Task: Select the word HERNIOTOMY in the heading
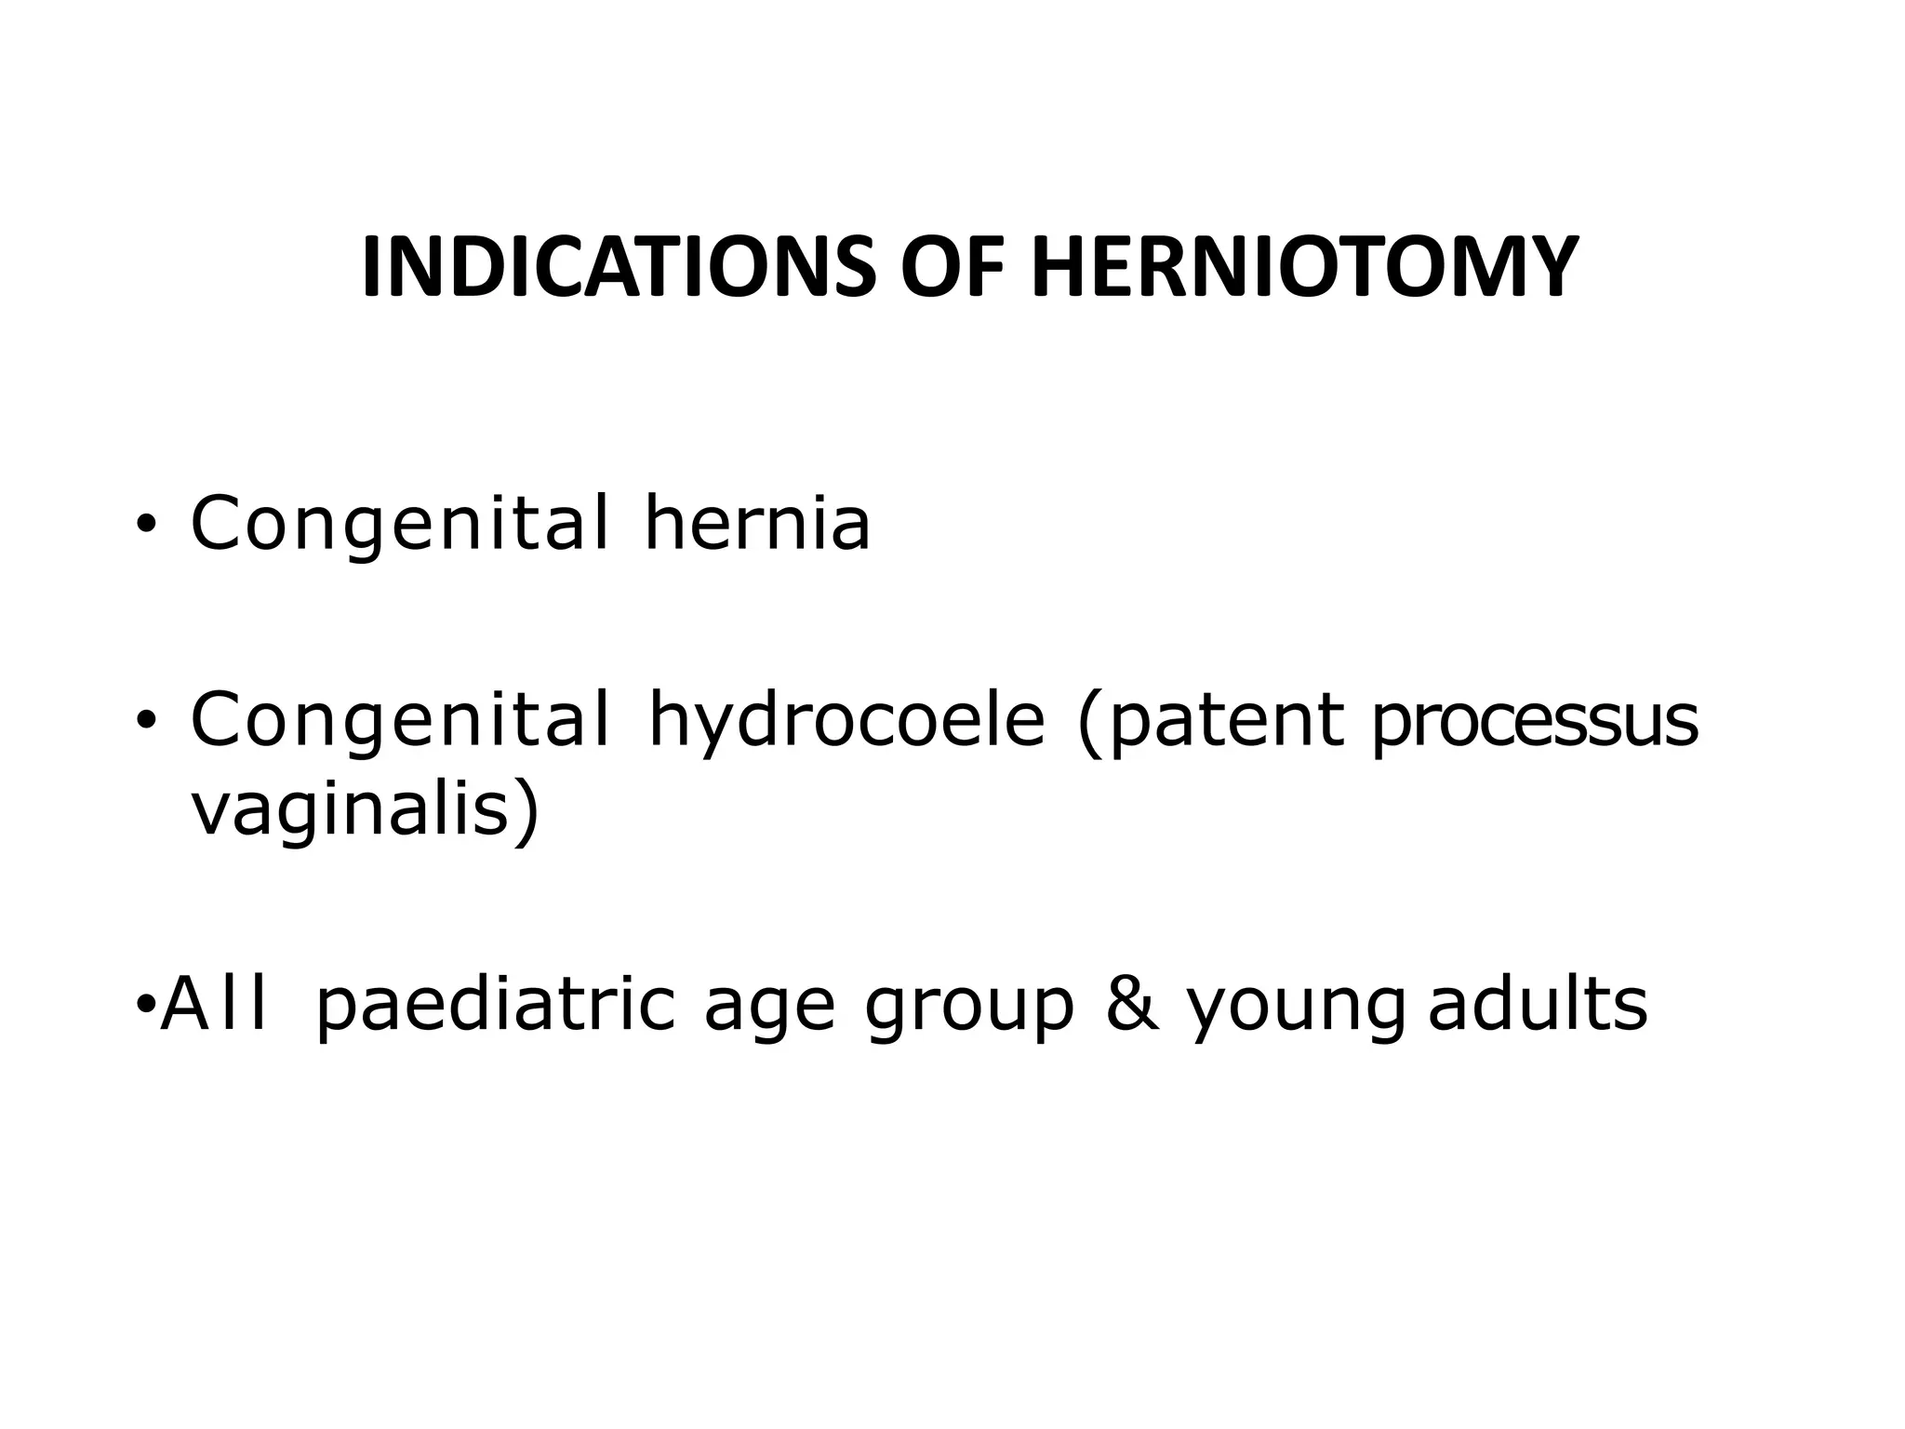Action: tap(1304, 268)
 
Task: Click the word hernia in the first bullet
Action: tap(757, 523)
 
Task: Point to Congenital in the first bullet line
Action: tap(400, 523)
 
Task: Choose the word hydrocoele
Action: tap(846, 720)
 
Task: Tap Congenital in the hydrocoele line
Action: tap(400, 720)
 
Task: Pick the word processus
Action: tap(1534, 720)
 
